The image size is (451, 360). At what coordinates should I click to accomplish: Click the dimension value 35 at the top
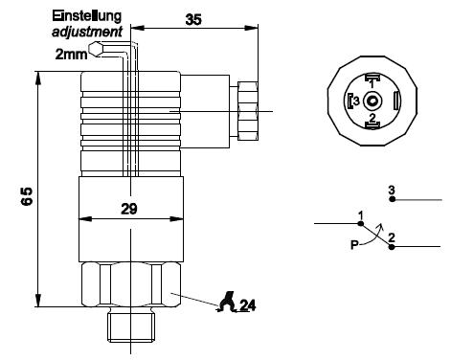[x=193, y=20]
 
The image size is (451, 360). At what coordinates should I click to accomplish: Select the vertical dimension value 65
[x=27, y=196]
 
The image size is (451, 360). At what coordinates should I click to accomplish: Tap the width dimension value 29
[x=129, y=209]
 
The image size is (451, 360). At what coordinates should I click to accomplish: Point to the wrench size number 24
[x=248, y=305]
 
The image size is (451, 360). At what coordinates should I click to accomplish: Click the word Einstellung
[x=87, y=16]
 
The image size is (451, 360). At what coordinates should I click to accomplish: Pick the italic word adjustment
[x=87, y=32]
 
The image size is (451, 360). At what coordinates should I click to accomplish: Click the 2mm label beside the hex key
[x=71, y=55]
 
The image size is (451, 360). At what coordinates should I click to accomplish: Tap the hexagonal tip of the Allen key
[x=96, y=49]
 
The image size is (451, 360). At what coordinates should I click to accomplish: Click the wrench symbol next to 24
[x=227, y=302]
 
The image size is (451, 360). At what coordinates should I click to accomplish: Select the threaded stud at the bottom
[x=131, y=326]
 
